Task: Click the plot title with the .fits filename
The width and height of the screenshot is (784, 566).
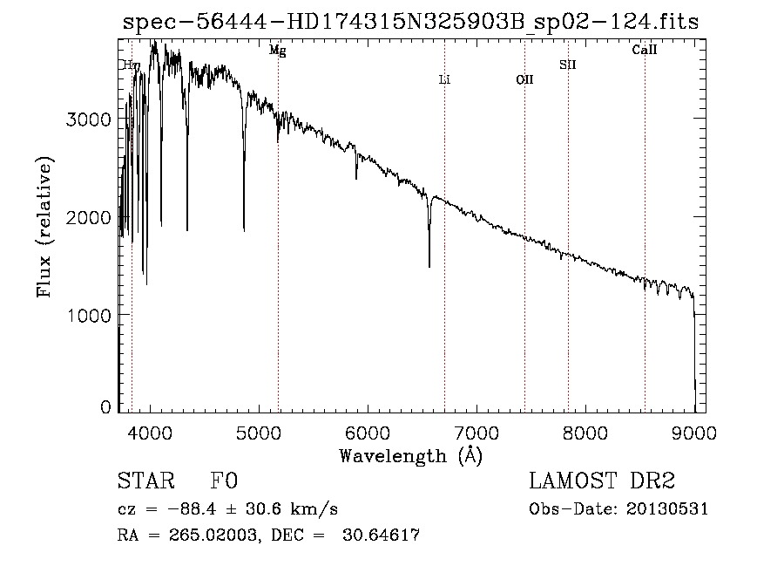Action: click(x=410, y=22)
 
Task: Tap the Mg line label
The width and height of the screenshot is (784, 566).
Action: click(x=277, y=51)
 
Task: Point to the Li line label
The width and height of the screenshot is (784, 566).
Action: click(x=444, y=79)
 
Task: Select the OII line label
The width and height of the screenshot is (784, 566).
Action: click(x=524, y=79)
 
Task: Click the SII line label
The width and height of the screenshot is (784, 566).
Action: click(x=567, y=64)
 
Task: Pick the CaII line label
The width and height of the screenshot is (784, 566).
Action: click(x=644, y=51)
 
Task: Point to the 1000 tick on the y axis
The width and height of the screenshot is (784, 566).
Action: click(x=90, y=314)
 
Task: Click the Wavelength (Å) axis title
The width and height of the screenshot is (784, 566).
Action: click(x=410, y=455)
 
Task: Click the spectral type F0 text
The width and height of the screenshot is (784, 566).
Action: click(x=224, y=481)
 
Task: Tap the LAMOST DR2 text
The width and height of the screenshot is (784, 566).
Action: click(x=602, y=481)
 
